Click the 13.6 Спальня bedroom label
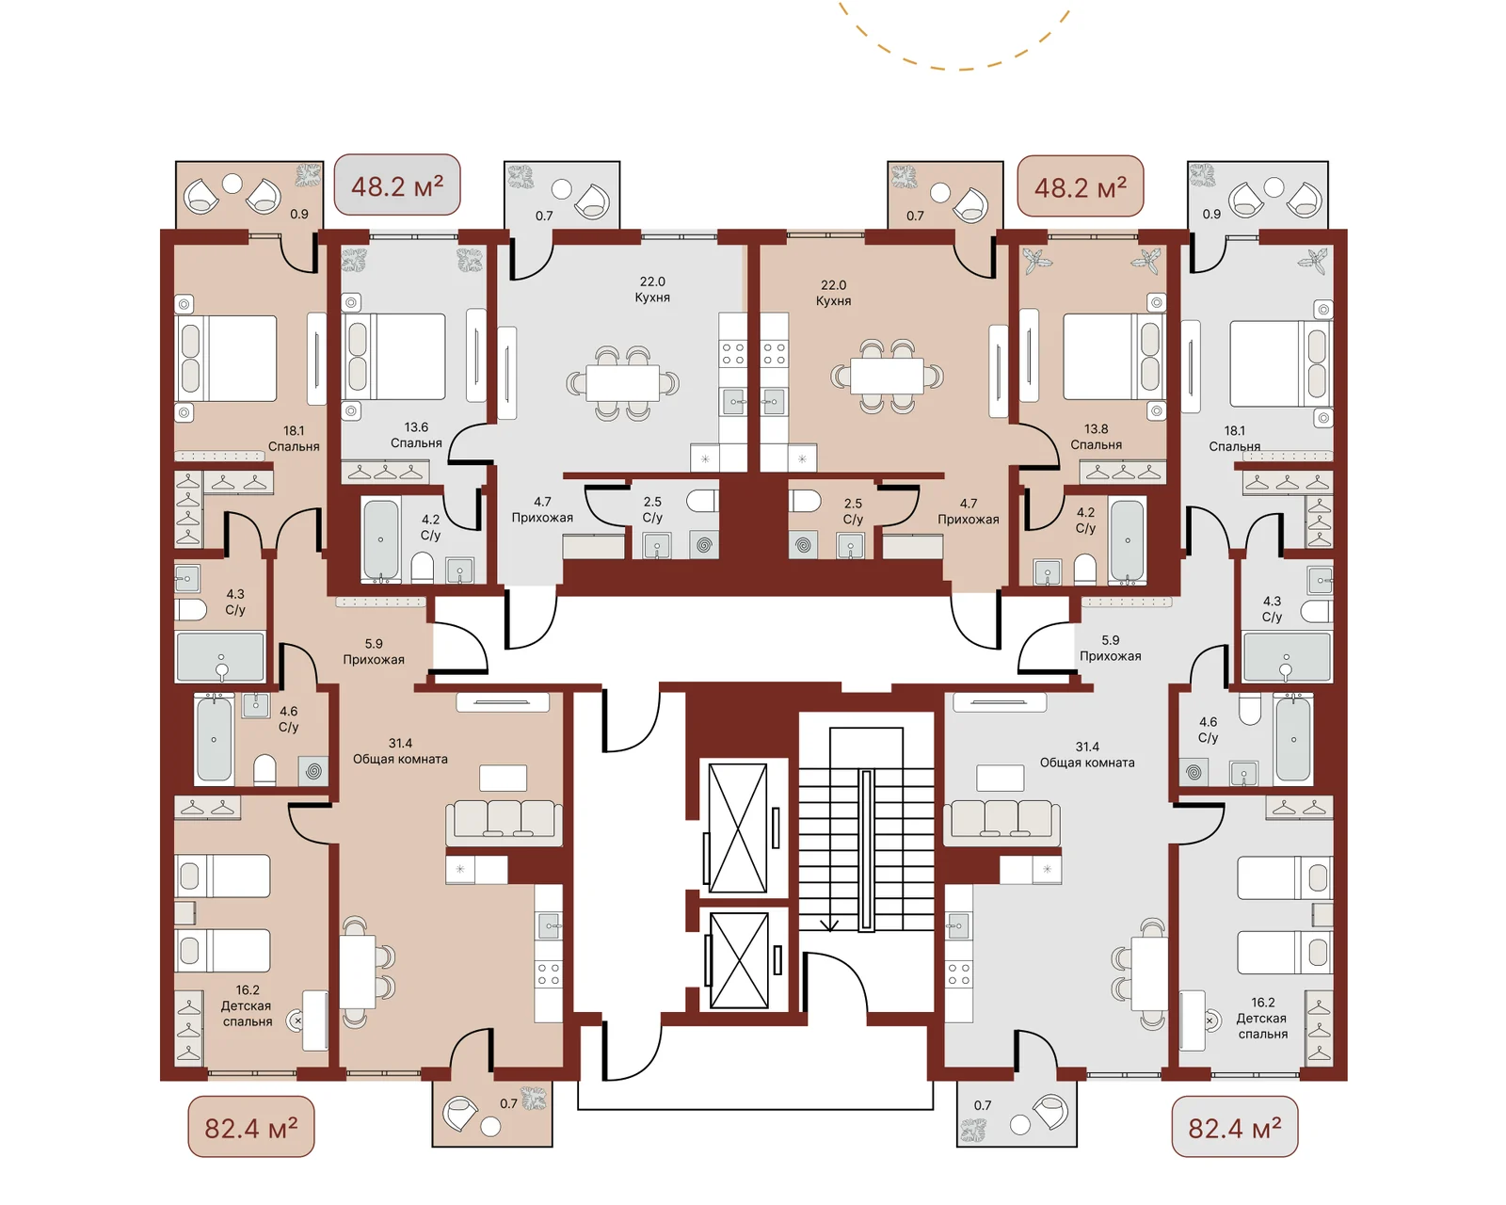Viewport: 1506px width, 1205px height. coord(416,435)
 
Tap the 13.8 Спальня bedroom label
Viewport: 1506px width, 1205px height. coord(1096,437)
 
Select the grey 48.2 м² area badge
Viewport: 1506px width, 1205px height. coord(397,185)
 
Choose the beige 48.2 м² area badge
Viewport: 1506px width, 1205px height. coord(1080,186)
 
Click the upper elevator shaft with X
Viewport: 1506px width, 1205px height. coord(738,828)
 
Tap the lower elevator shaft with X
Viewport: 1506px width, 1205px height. coord(739,960)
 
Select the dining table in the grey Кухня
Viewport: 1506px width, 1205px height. coord(622,382)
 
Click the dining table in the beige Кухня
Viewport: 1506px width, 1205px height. coord(887,376)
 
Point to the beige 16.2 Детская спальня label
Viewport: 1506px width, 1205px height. coord(247,1005)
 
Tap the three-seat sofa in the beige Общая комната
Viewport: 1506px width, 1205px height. coord(504,821)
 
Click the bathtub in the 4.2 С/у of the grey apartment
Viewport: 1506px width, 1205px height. coord(380,539)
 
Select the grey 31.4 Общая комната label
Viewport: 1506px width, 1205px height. coord(1087,755)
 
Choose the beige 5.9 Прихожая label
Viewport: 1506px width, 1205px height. coord(373,651)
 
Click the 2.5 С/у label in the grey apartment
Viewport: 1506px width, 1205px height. coord(652,509)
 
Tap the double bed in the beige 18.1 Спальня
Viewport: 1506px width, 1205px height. coord(225,359)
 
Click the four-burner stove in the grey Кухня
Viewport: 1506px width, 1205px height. coord(732,353)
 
